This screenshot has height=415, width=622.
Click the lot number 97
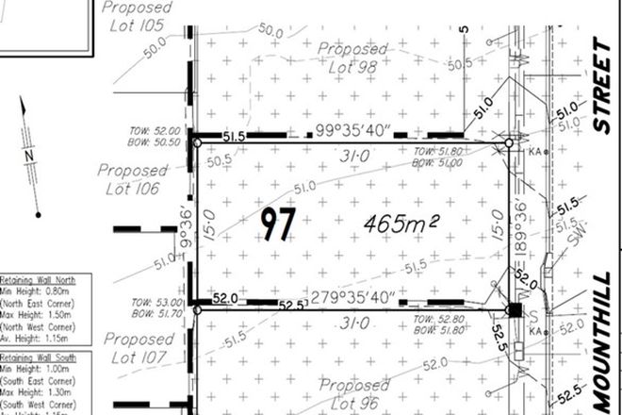(x=277, y=224)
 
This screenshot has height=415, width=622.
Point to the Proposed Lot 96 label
(x=352, y=394)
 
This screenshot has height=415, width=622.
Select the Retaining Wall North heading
(x=41, y=279)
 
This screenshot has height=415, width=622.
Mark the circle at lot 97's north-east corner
(x=509, y=143)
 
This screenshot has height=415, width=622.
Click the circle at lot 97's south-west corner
(x=196, y=309)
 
